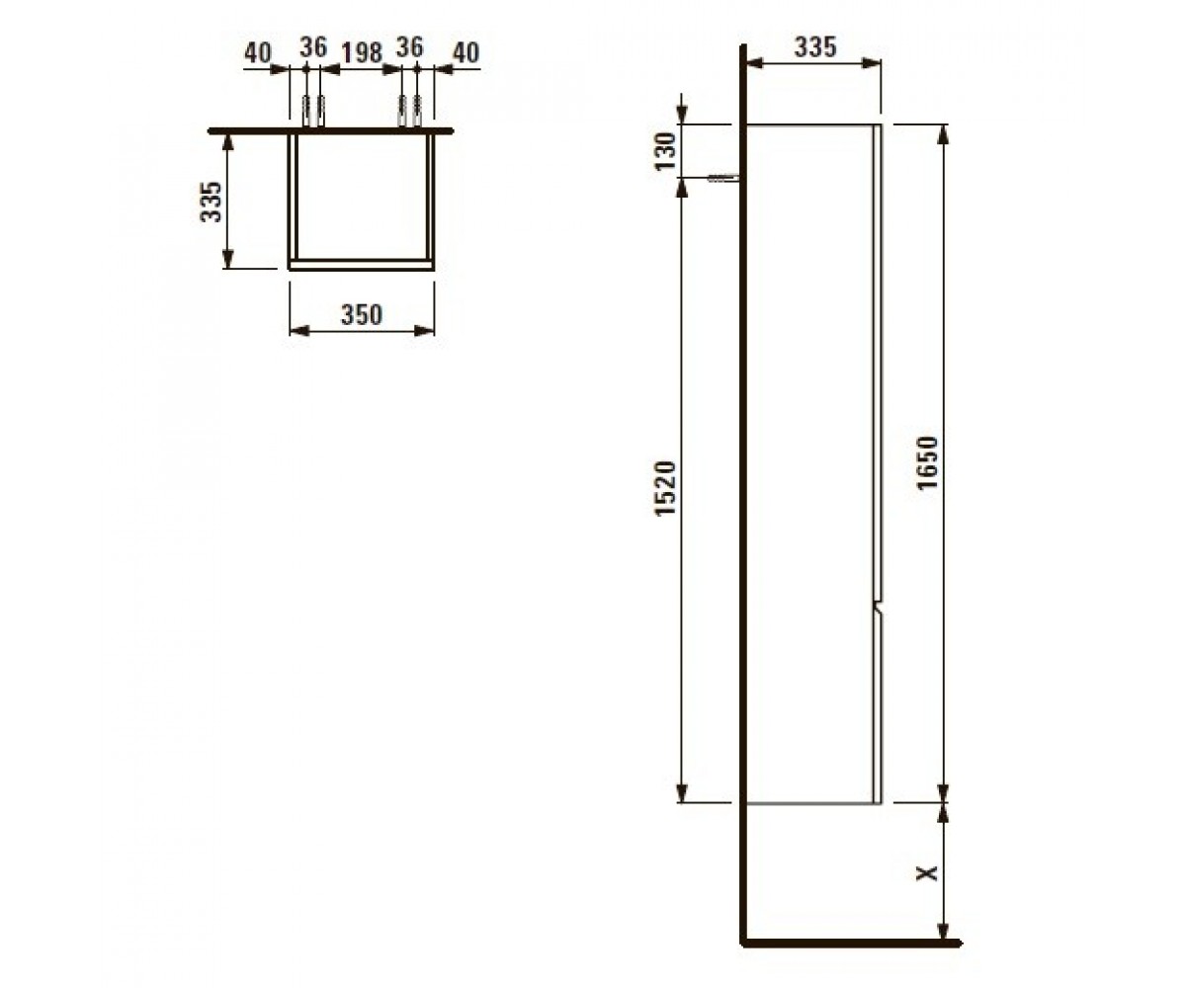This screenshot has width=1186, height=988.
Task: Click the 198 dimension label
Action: [362, 53]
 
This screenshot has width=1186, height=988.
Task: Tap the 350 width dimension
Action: [362, 315]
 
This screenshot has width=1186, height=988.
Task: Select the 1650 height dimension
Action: [927, 462]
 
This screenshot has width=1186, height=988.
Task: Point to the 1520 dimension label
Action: [666, 488]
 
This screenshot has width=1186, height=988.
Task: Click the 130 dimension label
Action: [666, 151]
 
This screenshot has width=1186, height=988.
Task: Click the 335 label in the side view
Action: [815, 47]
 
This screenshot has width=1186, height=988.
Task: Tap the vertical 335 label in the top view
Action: [212, 202]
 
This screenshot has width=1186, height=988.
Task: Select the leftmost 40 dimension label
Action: [258, 53]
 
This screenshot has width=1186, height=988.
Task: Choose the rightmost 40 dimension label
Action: [466, 53]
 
